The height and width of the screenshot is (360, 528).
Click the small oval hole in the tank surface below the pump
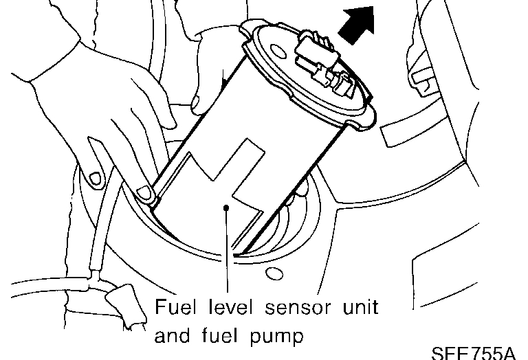pos(274,275)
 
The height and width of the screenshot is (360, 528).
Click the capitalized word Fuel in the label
pos(173,305)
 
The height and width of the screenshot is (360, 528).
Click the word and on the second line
pos(172,336)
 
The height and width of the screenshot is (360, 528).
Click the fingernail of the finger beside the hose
pos(96,178)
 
